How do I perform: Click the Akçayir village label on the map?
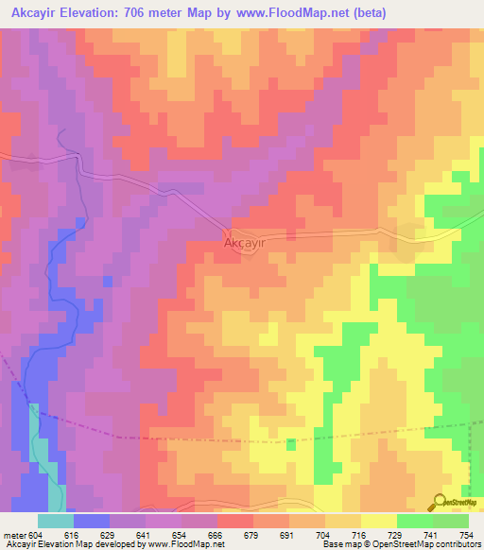243,243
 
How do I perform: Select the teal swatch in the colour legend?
55,521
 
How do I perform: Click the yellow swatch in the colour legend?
378,521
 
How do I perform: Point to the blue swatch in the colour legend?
91,521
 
